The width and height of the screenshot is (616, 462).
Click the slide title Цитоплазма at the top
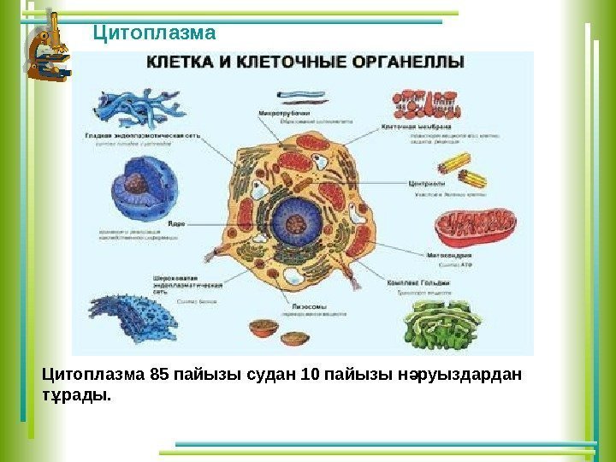154,33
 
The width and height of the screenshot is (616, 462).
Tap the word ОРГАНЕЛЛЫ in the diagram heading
410,62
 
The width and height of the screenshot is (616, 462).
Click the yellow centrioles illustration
470,167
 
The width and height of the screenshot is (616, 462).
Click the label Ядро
177,223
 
